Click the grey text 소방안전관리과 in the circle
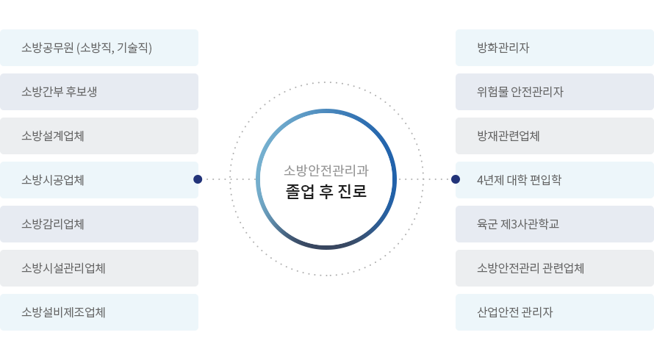(x=326, y=170)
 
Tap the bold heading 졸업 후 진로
(x=326, y=192)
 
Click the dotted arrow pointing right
(x=426, y=179)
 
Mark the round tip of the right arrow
(x=455, y=179)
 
